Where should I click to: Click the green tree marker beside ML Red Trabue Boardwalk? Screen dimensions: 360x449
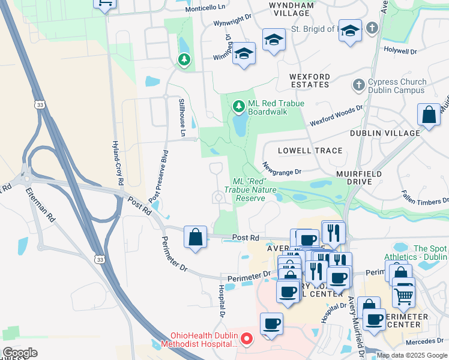click(240, 107)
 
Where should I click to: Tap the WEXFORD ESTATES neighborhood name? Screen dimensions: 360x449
click(309, 80)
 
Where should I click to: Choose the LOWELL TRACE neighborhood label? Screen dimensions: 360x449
click(310, 151)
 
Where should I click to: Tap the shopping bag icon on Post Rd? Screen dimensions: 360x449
click(196, 237)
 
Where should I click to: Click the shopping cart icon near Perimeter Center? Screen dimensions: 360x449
click(403, 296)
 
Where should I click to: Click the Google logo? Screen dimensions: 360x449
click(20, 352)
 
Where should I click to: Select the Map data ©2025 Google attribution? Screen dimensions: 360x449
click(411, 355)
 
